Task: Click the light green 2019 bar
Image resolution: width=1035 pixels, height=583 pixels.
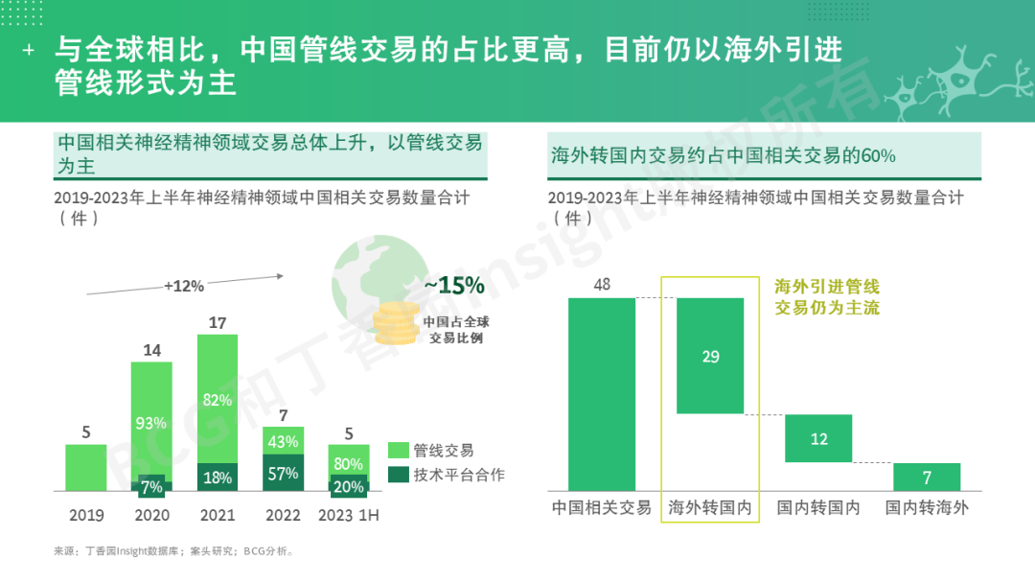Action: click(86, 468)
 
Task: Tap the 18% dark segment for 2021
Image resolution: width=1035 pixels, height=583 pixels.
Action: click(218, 478)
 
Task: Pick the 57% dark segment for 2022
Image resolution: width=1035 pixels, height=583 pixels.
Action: click(283, 473)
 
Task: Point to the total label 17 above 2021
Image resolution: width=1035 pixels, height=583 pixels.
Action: click(218, 323)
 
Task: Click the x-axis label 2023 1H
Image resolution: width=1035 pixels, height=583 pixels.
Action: click(349, 515)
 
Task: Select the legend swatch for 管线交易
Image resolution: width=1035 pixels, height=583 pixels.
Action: click(399, 450)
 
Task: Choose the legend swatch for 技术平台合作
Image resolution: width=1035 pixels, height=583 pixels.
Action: click(399, 475)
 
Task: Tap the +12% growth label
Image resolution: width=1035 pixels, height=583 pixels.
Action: click(184, 285)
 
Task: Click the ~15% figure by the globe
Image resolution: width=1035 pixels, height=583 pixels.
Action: click(454, 286)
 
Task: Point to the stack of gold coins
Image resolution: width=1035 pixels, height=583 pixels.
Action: click(395, 324)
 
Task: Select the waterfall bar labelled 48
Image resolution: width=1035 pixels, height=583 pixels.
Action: click(602, 394)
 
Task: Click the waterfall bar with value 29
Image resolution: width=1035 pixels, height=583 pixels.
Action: click(710, 356)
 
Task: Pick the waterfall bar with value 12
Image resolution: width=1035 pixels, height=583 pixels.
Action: click(818, 438)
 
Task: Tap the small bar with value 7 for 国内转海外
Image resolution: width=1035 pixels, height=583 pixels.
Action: click(927, 477)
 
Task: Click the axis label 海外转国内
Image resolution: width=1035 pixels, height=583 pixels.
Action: click(710, 507)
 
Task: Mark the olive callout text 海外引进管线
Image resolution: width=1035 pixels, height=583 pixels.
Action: click(827, 286)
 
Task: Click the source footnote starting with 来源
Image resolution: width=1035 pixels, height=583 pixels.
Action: click(173, 551)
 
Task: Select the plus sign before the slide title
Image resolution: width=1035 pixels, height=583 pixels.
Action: click(29, 50)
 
